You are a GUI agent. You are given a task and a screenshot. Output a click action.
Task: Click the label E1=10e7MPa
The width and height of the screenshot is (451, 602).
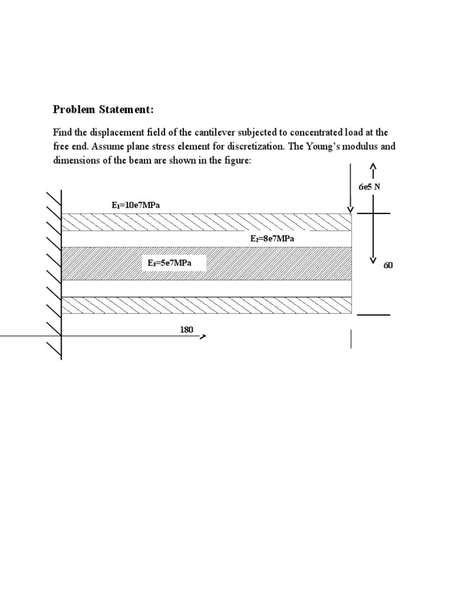click(136, 205)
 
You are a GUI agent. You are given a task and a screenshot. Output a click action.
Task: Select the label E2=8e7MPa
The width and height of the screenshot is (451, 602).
click(272, 239)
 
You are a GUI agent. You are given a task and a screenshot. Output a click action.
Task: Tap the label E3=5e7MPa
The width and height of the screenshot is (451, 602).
click(170, 263)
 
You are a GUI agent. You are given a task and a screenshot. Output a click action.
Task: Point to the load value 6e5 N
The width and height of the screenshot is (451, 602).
click(370, 187)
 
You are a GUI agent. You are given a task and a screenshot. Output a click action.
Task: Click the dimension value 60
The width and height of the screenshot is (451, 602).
click(388, 266)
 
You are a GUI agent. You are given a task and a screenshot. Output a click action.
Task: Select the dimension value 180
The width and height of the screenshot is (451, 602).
click(186, 330)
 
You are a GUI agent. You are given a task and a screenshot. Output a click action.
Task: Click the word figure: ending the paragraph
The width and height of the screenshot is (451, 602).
click(236, 160)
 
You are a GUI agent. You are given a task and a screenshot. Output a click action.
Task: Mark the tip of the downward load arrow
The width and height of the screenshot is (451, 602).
click(351, 210)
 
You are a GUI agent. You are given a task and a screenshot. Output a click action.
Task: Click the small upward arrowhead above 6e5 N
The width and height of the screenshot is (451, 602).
click(372, 168)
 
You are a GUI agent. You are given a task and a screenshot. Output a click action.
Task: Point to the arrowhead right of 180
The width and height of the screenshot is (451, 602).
click(203, 337)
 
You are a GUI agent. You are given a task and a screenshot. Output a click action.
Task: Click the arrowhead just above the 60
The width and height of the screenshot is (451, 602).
click(372, 259)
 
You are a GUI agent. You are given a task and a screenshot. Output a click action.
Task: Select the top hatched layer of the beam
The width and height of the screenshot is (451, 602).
click(206, 222)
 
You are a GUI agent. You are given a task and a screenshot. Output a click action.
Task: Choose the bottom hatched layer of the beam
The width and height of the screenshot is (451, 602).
click(206, 305)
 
